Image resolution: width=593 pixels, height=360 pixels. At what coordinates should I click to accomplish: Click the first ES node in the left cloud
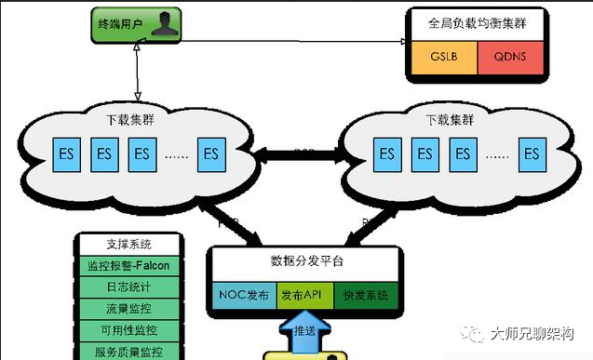click(67, 153)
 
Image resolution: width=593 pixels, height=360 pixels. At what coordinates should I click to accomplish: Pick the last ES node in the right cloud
click(531, 153)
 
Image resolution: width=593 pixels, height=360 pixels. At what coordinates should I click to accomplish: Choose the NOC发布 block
click(244, 294)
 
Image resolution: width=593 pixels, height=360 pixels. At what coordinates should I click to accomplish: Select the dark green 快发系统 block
click(365, 294)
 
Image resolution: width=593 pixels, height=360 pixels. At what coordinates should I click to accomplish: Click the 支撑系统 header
click(129, 245)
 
